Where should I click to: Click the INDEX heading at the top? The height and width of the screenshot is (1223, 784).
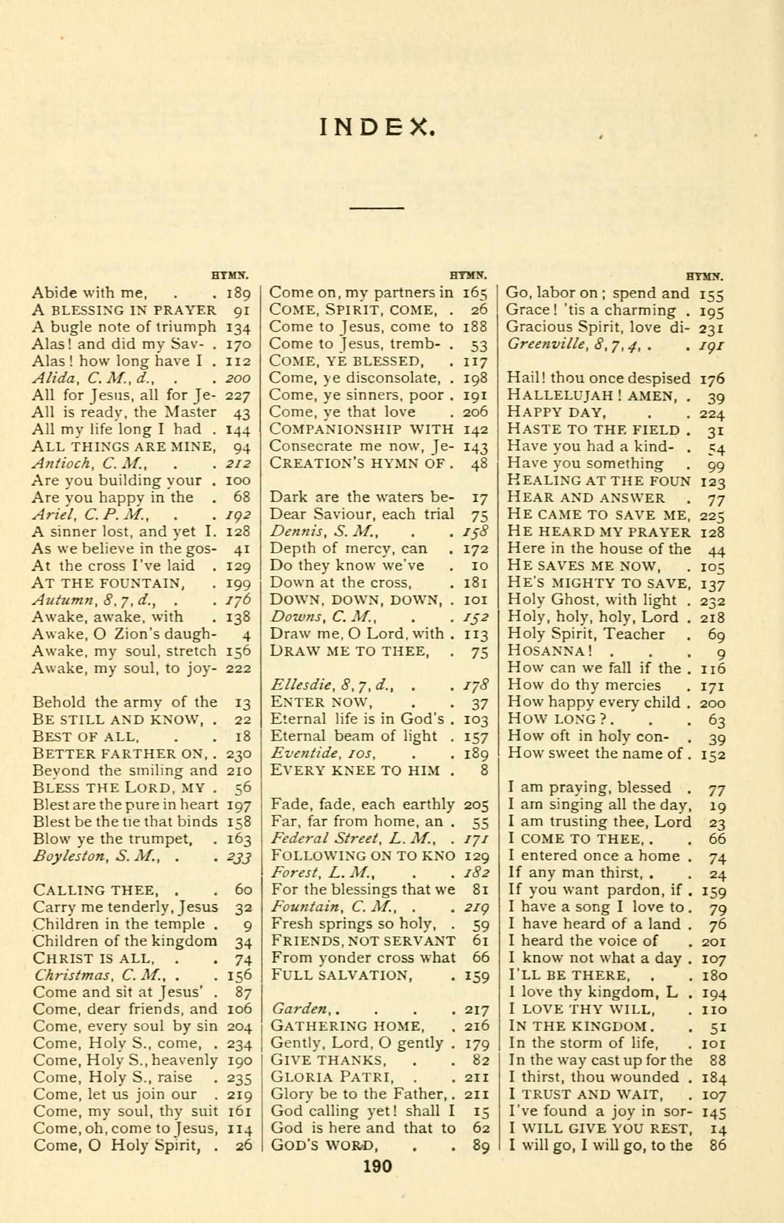pos(377,127)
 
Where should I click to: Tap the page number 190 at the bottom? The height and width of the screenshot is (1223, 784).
pos(377,1165)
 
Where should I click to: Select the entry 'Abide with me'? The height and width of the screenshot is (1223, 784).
pos(89,293)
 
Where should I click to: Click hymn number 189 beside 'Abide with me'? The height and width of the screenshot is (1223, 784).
pos(238,294)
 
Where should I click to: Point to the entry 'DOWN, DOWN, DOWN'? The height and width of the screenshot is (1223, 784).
pos(354,600)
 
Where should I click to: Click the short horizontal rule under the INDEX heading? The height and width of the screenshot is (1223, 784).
pos(377,208)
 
